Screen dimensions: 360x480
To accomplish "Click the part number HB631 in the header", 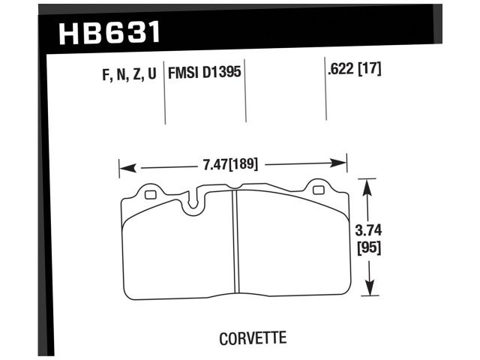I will coord(109,34).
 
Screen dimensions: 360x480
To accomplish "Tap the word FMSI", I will coord(184,76).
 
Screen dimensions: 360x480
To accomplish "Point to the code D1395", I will coord(222,76).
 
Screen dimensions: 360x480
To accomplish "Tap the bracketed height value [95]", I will coord(367,248).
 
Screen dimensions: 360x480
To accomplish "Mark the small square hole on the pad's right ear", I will coord(319,190).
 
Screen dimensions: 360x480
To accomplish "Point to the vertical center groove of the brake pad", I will coord(235,240).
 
